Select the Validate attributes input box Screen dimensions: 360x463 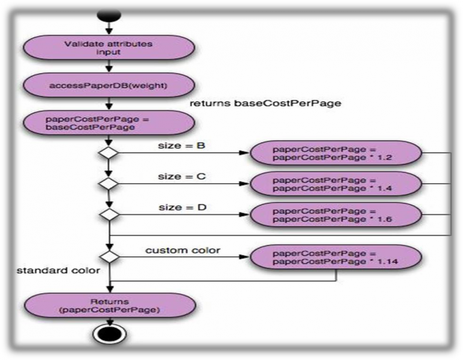(x=109, y=48)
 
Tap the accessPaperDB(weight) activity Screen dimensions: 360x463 (x=109, y=86)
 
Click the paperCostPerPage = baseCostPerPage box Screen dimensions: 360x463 (x=109, y=123)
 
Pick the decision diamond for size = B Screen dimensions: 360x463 (x=109, y=153)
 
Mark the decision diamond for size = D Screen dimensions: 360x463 (x=109, y=213)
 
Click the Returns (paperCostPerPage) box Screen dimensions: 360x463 (x=109, y=306)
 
